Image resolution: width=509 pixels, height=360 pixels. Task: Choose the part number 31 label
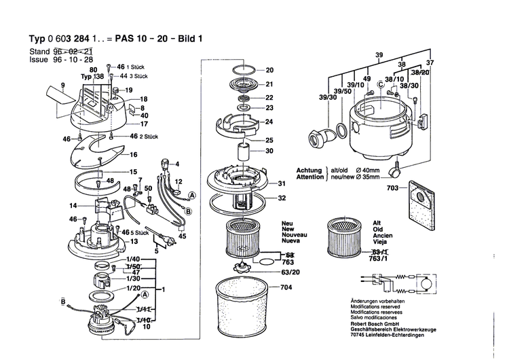tap(281, 183)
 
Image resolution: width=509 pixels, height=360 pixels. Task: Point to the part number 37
tap(429, 62)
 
